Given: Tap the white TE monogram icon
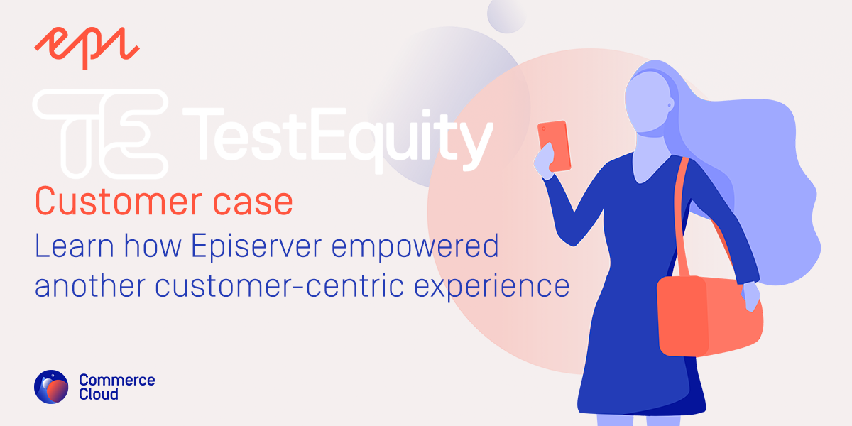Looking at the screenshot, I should pyautogui.click(x=100, y=132).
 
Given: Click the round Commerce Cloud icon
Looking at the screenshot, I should pyautogui.click(x=51, y=387).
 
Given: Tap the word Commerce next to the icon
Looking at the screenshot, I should pyautogui.click(x=116, y=380).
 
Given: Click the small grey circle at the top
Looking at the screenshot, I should pyautogui.click(x=506, y=13).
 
